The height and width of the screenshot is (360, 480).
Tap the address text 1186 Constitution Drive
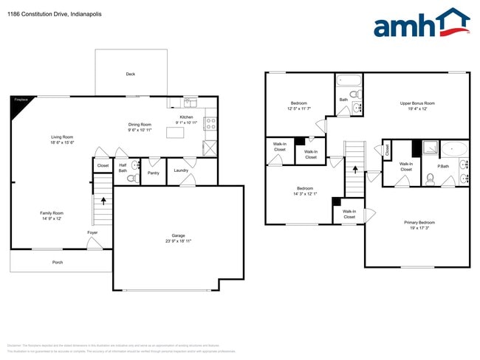click(44, 14)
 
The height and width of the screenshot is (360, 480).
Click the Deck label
click(131, 74)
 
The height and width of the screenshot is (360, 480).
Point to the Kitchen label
click(186, 117)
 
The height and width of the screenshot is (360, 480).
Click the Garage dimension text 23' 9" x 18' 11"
click(178, 241)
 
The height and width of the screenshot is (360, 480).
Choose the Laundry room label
click(181, 170)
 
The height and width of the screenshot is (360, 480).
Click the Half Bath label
click(123, 168)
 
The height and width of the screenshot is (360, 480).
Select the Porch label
click(57, 263)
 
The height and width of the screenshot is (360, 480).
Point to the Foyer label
click(92, 232)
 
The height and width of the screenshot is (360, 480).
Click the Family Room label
click(52, 213)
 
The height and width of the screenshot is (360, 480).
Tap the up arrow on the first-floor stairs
click(103, 199)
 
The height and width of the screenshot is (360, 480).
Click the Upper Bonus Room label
click(417, 103)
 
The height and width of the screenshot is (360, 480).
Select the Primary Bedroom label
click(419, 222)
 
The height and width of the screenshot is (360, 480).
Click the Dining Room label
click(140, 125)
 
